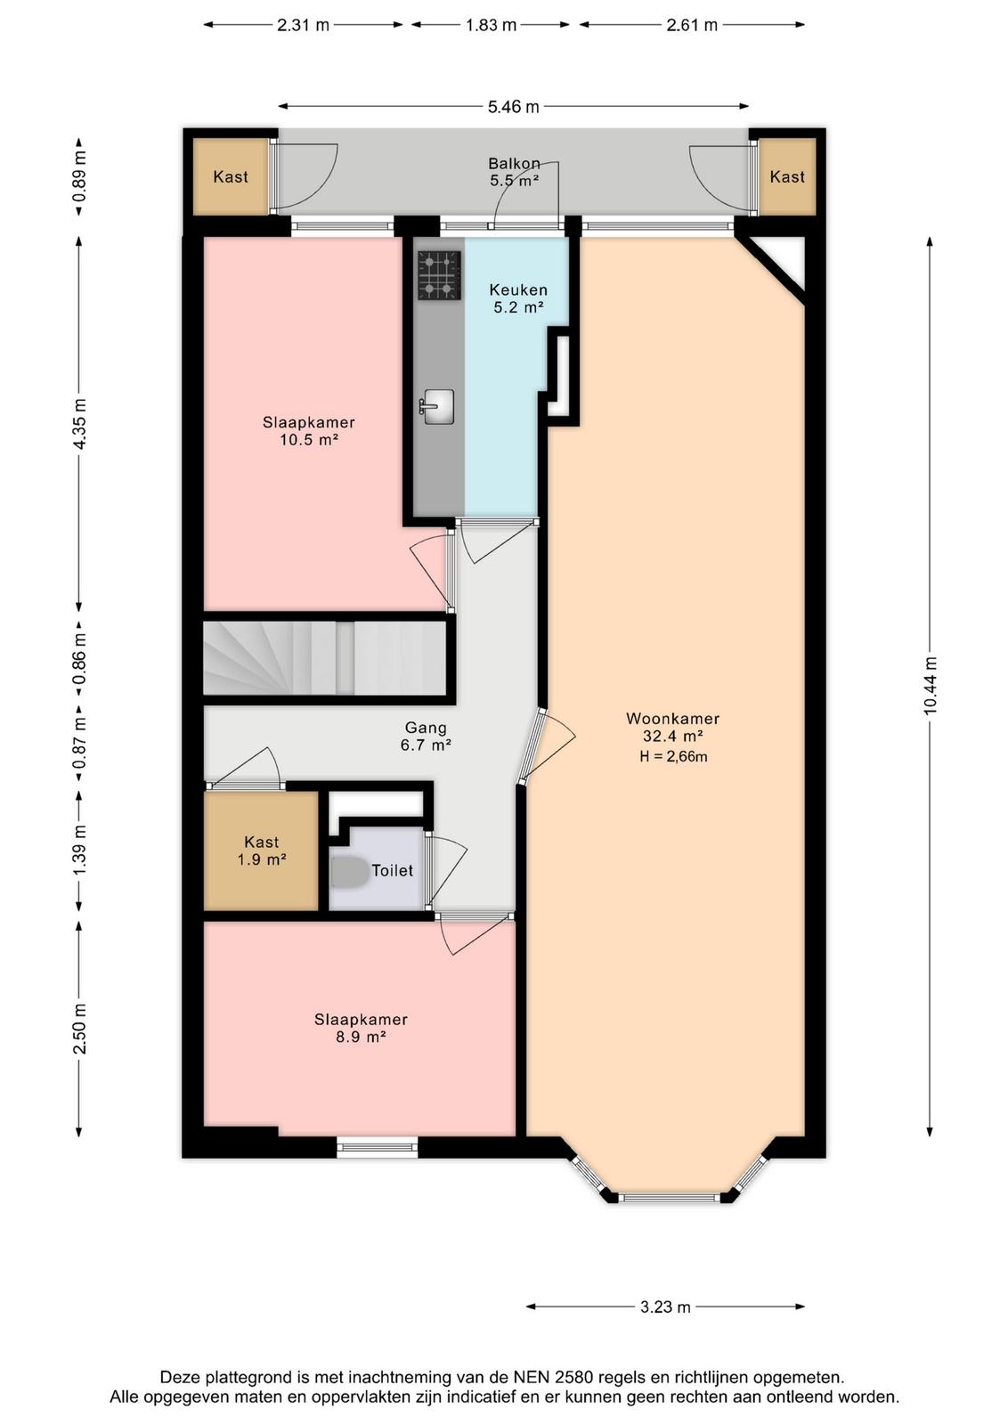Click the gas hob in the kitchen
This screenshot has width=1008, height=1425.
coord(439,275)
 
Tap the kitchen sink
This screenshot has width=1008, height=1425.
coord(437,406)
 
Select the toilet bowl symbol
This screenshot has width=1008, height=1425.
coord(349,871)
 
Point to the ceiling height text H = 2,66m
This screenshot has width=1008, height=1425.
coord(673,756)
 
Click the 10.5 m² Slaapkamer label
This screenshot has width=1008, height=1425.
coord(308,431)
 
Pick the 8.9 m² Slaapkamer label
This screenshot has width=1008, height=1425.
coord(361,1028)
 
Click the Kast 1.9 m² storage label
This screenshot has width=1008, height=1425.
coord(262,851)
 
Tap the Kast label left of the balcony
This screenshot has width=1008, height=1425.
coord(231,176)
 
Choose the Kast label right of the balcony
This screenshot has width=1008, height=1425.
coord(787,176)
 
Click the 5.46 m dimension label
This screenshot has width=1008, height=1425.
coord(513,107)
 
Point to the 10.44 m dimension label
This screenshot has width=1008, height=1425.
coord(931,686)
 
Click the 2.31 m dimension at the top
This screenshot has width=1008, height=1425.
coord(304,25)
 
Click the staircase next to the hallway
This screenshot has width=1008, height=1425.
coord(324,658)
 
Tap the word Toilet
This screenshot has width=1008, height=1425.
coord(393,870)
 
